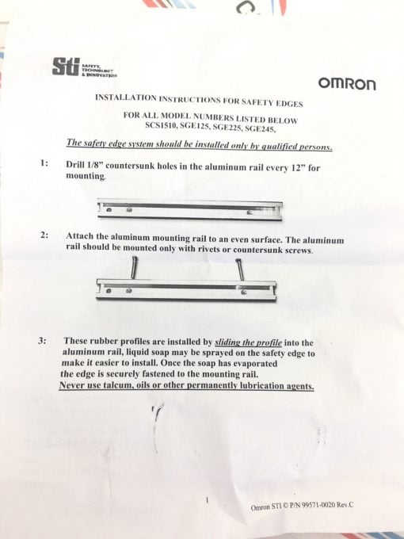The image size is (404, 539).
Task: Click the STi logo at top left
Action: click(84, 67)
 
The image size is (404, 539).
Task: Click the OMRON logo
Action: click(347, 83)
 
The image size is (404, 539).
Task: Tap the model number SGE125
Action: click(195, 127)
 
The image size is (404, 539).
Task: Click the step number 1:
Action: click(44, 163)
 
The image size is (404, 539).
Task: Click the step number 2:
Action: click(44, 235)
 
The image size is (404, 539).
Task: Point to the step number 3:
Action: click(42, 341)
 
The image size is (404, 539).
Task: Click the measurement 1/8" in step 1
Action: click(94, 164)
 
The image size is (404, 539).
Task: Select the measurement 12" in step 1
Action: click(298, 168)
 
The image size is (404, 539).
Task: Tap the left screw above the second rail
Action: click(135, 267)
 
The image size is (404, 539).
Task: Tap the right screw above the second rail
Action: click(241, 269)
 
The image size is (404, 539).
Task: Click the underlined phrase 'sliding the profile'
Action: click(249, 342)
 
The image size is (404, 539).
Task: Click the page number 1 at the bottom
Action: click(208, 500)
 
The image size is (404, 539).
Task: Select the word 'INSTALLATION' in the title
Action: click(125, 97)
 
